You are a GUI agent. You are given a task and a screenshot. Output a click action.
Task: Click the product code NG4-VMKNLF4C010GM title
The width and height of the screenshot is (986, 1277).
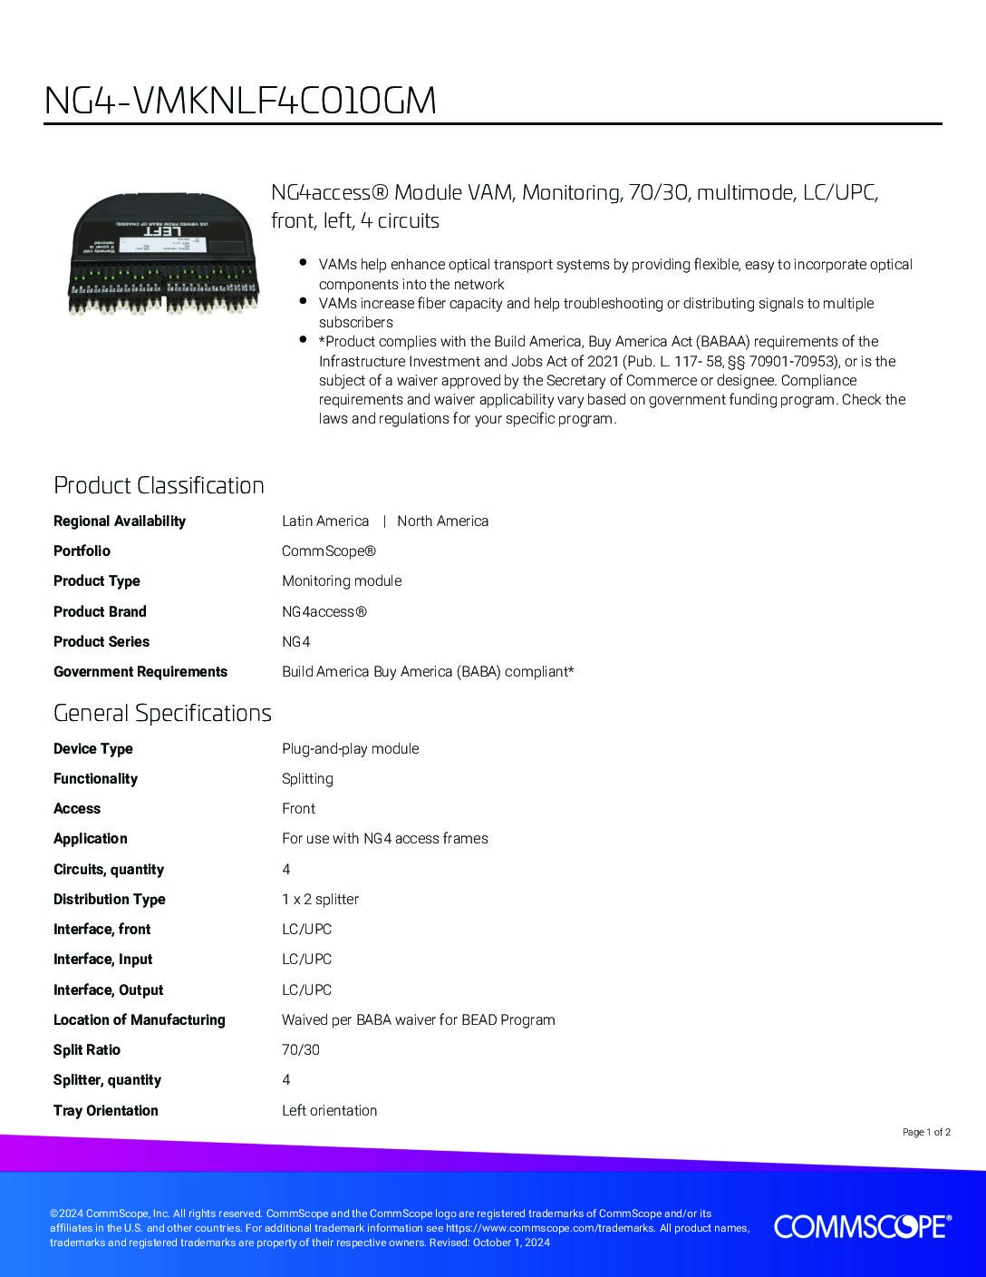click(240, 101)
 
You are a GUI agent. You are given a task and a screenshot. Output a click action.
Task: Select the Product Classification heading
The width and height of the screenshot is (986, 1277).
click(159, 485)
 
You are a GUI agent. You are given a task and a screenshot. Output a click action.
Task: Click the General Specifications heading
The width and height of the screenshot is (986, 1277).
click(162, 713)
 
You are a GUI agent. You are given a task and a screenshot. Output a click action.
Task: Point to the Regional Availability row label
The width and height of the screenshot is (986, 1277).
click(120, 521)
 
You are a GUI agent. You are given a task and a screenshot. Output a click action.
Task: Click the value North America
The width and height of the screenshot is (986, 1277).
click(442, 521)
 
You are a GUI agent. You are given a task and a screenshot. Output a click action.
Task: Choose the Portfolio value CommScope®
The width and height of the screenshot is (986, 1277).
click(328, 551)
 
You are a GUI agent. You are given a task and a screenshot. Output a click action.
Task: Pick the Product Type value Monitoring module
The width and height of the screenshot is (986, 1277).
click(342, 580)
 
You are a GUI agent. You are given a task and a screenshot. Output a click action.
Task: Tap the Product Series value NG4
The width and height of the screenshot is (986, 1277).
click(296, 641)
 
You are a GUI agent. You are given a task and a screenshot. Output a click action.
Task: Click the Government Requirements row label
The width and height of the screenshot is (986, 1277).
click(140, 671)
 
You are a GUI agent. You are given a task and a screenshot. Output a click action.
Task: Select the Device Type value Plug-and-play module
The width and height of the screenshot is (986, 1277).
click(350, 748)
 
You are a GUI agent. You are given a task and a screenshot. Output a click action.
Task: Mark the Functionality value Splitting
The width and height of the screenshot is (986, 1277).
click(307, 778)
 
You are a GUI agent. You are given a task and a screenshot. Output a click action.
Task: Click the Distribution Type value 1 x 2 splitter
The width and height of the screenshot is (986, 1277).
click(320, 899)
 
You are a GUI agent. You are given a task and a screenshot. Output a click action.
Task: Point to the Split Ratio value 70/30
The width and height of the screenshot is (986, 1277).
click(301, 1049)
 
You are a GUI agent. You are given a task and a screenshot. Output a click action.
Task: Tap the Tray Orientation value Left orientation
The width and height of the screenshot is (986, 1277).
click(329, 1110)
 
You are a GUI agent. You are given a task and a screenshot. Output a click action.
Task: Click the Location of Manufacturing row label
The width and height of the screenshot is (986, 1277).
click(140, 1019)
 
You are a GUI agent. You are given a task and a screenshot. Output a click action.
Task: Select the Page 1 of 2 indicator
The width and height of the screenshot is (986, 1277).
click(926, 1132)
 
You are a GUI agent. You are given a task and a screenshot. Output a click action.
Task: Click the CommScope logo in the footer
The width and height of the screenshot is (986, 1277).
click(862, 1226)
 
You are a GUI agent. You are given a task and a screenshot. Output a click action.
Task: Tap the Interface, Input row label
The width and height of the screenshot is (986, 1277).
click(103, 959)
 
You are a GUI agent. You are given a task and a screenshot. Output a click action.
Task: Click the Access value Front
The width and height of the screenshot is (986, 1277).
click(299, 808)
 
